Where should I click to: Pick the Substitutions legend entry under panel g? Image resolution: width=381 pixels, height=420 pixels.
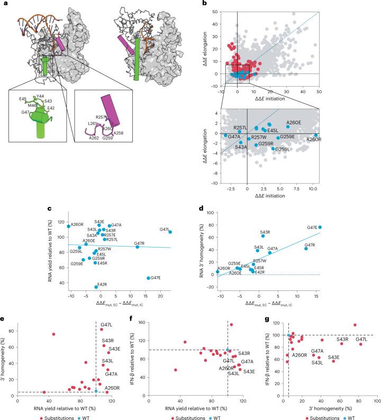pyautogui.click(x=316, y=417)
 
